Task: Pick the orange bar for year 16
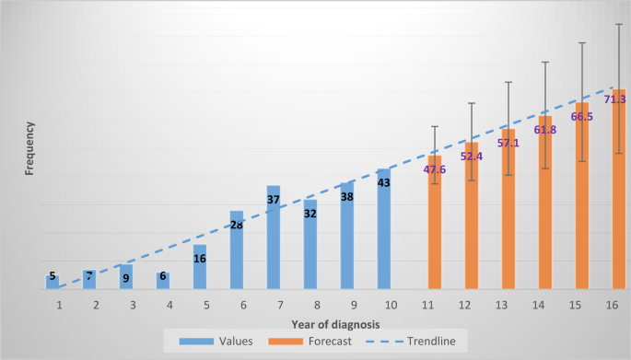pyautogui.click(x=619, y=193)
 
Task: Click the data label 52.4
pyautogui.click(x=472, y=157)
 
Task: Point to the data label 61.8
pyautogui.click(x=545, y=130)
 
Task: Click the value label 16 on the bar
pyautogui.click(x=200, y=259)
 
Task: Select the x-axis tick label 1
pyautogui.click(x=60, y=304)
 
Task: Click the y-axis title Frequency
pyautogui.click(x=30, y=149)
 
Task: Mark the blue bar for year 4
pyautogui.click(x=163, y=281)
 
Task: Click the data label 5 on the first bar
pyautogui.click(x=53, y=276)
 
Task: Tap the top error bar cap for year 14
pyautogui.click(x=545, y=62)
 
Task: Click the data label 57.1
pyautogui.click(x=508, y=144)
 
